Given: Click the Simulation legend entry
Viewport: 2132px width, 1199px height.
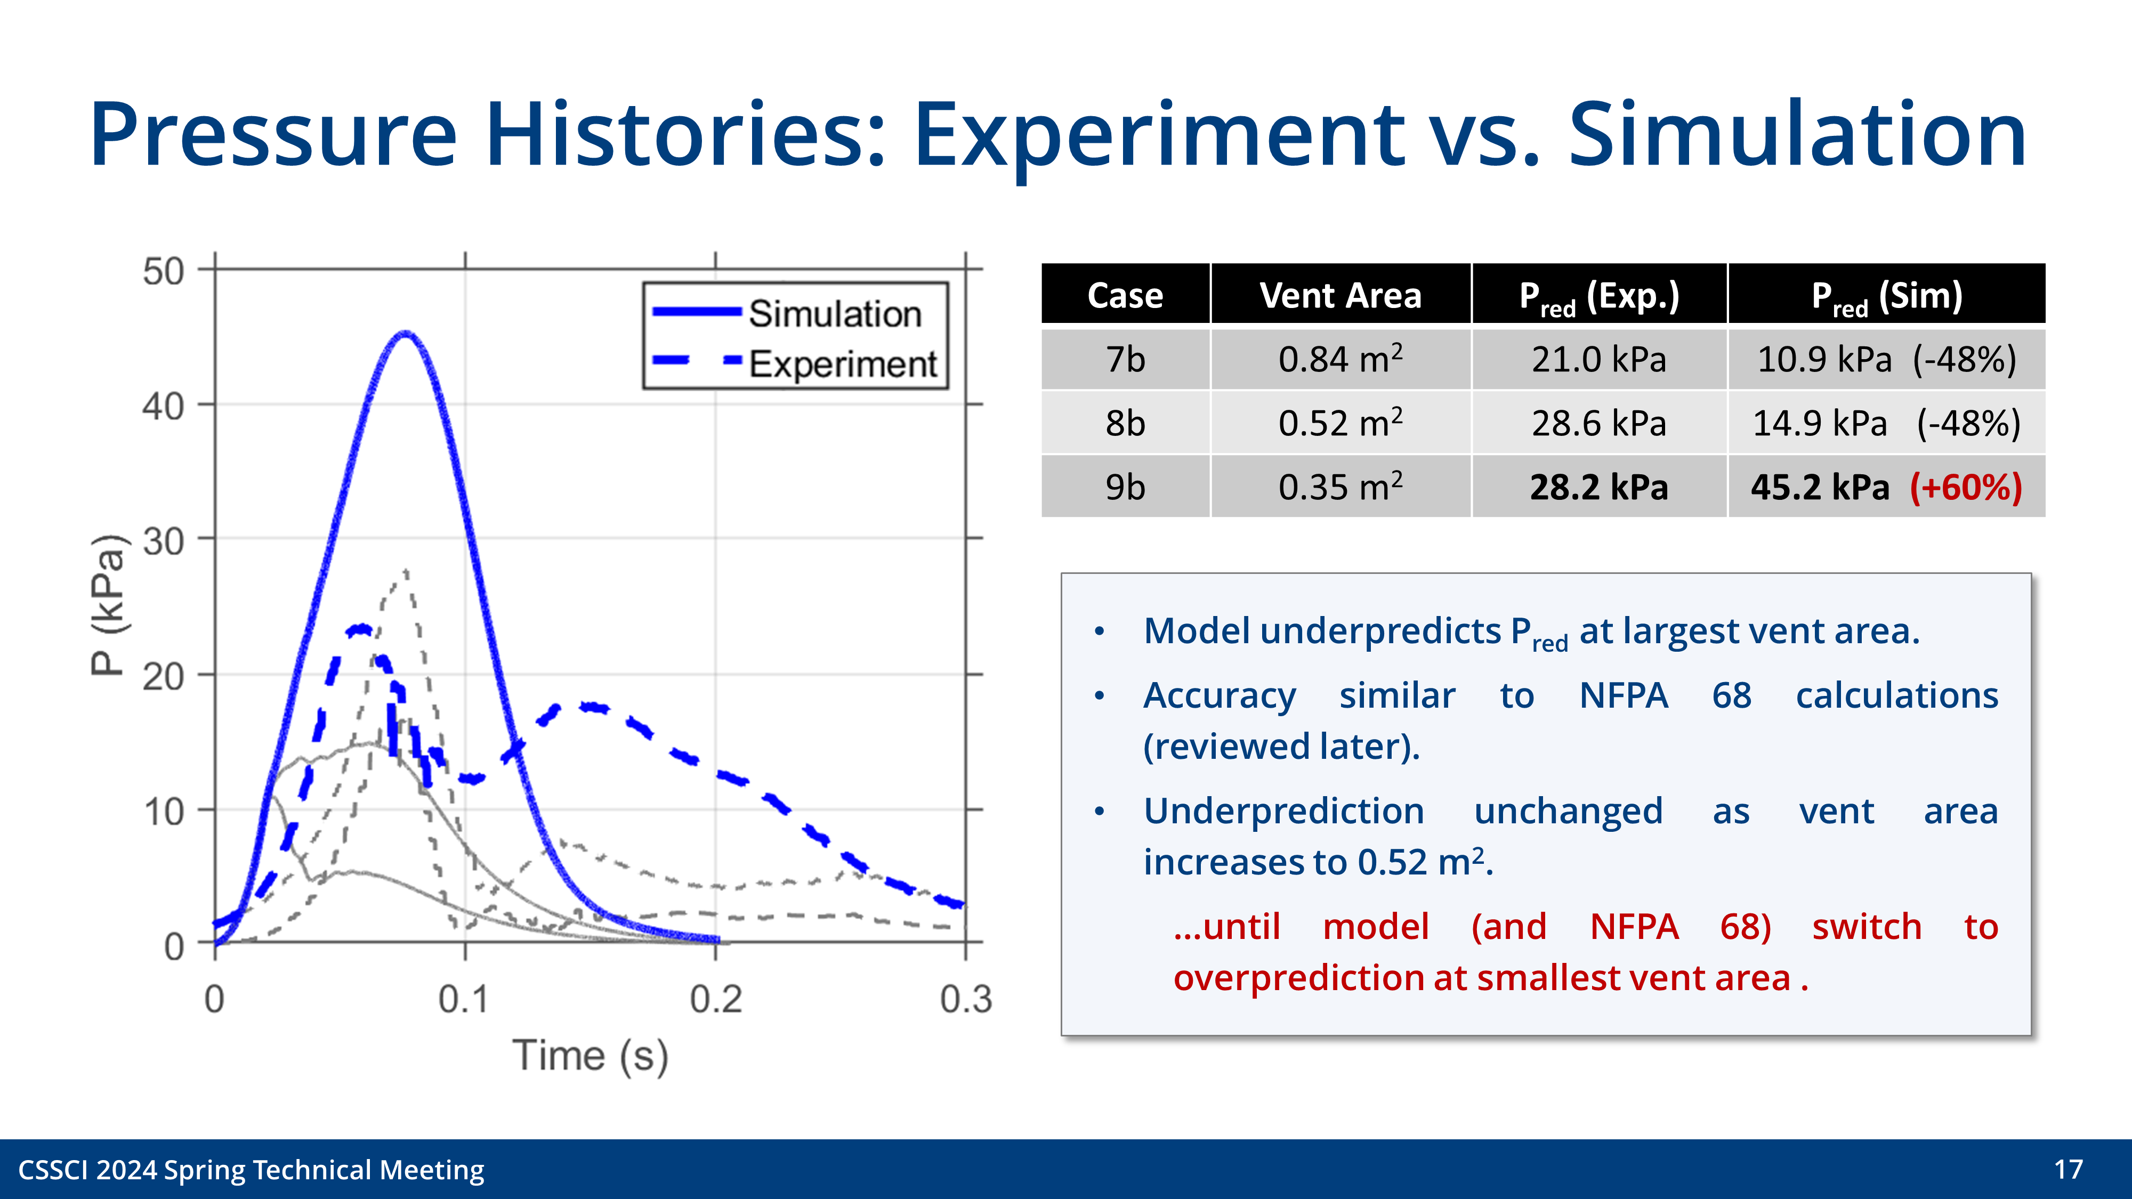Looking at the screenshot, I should tap(834, 314).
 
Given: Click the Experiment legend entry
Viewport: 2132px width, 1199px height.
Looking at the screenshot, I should tap(842, 364).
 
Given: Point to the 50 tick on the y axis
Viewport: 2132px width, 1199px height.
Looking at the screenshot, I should tap(163, 271).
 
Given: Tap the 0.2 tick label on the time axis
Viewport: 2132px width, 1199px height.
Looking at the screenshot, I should tap(715, 1000).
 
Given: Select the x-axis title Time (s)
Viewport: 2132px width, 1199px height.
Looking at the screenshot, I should tap(589, 1056).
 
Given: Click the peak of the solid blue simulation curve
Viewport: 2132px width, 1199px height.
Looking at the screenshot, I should tap(405, 334).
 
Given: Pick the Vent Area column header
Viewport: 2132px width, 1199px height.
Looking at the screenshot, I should tap(1340, 295).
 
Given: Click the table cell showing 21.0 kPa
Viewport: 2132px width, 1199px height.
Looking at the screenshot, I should tap(1598, 360).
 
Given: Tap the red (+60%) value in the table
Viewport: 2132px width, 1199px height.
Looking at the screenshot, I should tap(1966, 488).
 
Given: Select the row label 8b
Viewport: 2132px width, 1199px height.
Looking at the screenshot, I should tap(1125, 424).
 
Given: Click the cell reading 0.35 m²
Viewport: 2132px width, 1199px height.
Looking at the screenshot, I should tap(1340, 488).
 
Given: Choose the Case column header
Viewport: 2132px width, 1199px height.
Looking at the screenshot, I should tap(1125, 295).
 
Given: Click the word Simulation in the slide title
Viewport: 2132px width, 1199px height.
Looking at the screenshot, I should tap(1797, 134).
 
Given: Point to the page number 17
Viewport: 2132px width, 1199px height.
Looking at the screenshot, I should tap(2068, 1169).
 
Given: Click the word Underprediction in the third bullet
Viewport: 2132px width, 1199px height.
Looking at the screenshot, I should tap(1283, 811).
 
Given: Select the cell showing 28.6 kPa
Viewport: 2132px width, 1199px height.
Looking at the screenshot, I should tap(1598, 424).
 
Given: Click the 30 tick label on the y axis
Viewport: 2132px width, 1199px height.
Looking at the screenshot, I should tap(163, 542).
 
